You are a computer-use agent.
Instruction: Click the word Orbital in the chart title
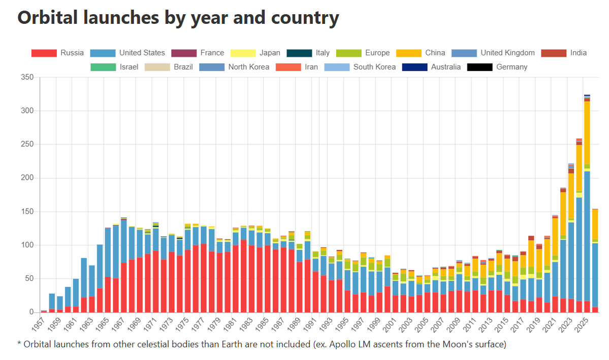point(47,17)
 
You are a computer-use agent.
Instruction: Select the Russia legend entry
point(57,53)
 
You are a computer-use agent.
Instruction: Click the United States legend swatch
point(103,53)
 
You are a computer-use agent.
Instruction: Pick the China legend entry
point(421,53)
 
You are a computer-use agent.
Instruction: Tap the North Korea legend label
point(248,67)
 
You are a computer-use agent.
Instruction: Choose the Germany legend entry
point(497,67)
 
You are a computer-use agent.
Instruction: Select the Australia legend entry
point(431,67)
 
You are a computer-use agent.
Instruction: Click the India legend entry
point(564,53)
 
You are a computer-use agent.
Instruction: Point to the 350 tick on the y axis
point(27,77)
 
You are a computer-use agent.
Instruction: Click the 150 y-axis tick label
point(27,212)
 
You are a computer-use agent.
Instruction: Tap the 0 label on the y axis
point(32,312)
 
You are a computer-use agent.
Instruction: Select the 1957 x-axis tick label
point(39,324)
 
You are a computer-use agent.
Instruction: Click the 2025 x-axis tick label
point(581,324)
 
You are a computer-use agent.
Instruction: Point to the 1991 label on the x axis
point(309,324)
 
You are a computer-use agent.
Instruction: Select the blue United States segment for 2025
point(587,236)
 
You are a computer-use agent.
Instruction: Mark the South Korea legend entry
point(360,67)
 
